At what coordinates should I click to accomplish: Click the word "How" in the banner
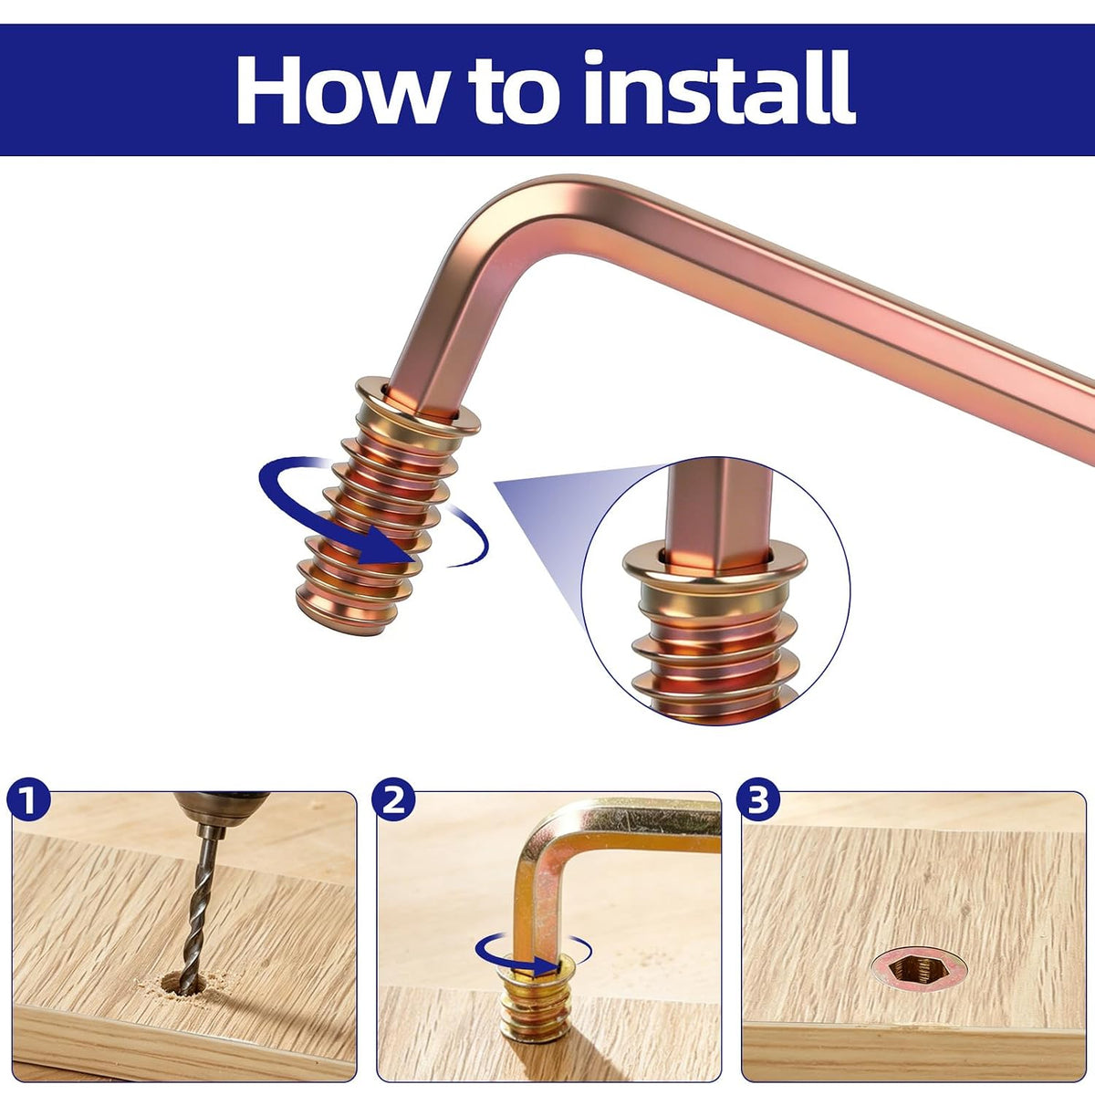tap(339, 89)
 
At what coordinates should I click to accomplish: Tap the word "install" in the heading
tap(720, 88)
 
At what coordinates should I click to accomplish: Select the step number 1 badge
tap(28, 799)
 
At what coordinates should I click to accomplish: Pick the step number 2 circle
tap(393, 799)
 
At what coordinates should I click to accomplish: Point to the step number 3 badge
tap(758, 799)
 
